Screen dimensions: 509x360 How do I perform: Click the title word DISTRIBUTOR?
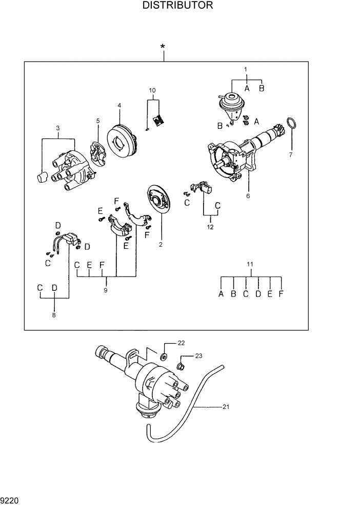(x=178, y=6)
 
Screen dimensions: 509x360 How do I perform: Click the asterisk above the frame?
(x=163, y=48)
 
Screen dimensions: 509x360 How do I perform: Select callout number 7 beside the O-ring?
(x=291, y=153)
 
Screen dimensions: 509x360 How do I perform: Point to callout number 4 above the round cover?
(x=119, y=105)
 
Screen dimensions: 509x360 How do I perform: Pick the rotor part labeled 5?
(x=97, y=154)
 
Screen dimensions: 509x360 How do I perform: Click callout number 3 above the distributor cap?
(x=58, y=127)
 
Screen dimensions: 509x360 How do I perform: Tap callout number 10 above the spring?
(x=152, y=90)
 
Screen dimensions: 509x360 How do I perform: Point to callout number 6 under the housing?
(x=248, y=195)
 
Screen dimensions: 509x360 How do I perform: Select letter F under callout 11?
(x=282, y=294)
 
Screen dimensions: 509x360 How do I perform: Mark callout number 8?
(x=54, y=316)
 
